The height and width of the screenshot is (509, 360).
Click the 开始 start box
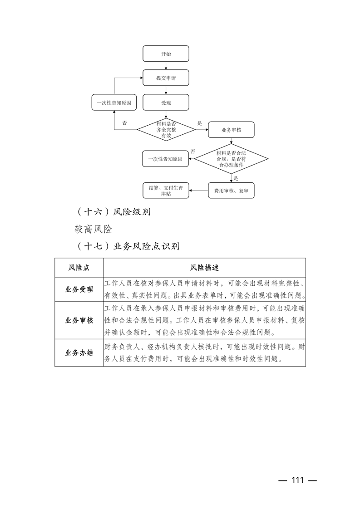click(x=166, y=54)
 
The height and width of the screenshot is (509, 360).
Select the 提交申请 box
click(x=166, y=78)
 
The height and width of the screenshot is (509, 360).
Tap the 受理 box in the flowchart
click(x=166, y=103)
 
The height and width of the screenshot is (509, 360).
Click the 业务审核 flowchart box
click(x=231, y=130)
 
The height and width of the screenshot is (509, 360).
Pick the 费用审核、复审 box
click(x=231, y=191)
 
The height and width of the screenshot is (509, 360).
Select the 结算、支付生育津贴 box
click(x=166, y=191)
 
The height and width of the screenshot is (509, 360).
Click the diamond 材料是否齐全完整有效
click(x=166, y=130)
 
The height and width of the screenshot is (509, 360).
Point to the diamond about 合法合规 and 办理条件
click(x=231, y=160)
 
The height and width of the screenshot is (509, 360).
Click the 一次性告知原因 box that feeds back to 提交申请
click(x=114, y=103)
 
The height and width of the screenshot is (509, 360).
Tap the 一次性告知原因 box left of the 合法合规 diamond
click(x=166, y=159)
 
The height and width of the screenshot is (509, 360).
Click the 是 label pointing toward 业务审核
click(x=199, y=123)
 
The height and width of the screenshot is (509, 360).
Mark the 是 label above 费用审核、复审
click(x=236, y=178)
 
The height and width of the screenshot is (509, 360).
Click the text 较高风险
click(x=94, y=229)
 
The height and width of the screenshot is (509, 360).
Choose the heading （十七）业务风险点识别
click(x=128, y=246)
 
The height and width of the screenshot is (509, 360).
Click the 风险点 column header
click(x=79, y=268)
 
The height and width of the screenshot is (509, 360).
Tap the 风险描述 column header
click(x=204, y=268)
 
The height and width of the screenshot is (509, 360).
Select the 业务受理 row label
click(x=79, y=289)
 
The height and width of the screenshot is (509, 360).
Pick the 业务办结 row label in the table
click(x=79, y=352)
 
